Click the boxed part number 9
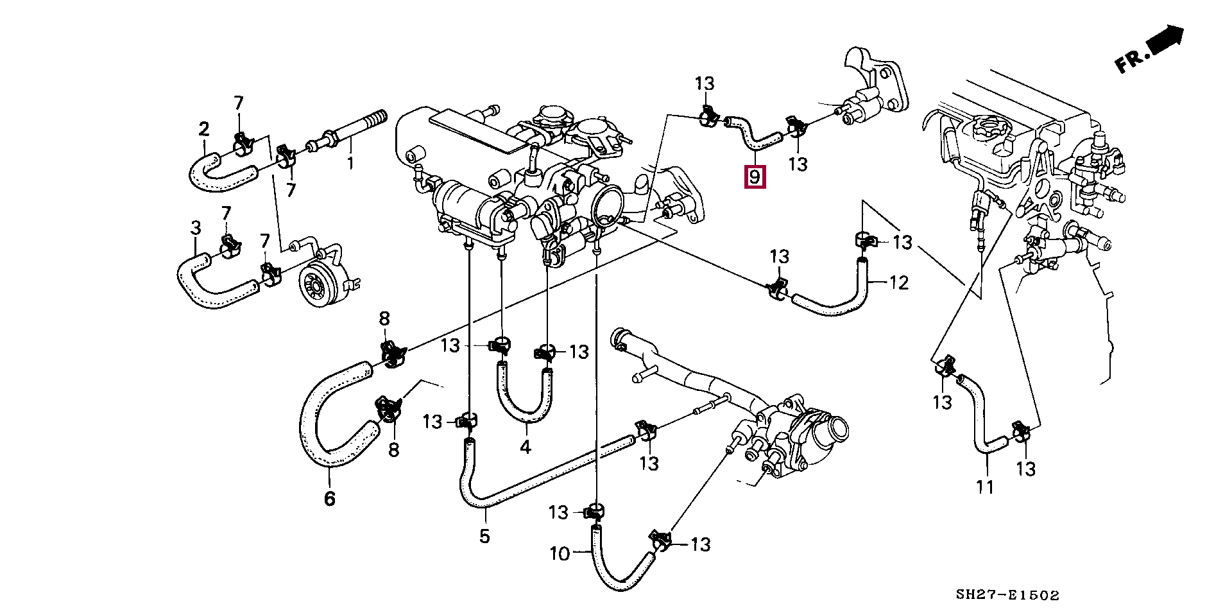[x=755, y=176]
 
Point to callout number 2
[x=204, y=129]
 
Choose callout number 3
[x=196, y=227]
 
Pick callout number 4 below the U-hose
[x=526, y=447]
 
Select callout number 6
[x=329, y=498]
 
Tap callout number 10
[x=560, y=553]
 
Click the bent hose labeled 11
[x=979, y=424]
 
